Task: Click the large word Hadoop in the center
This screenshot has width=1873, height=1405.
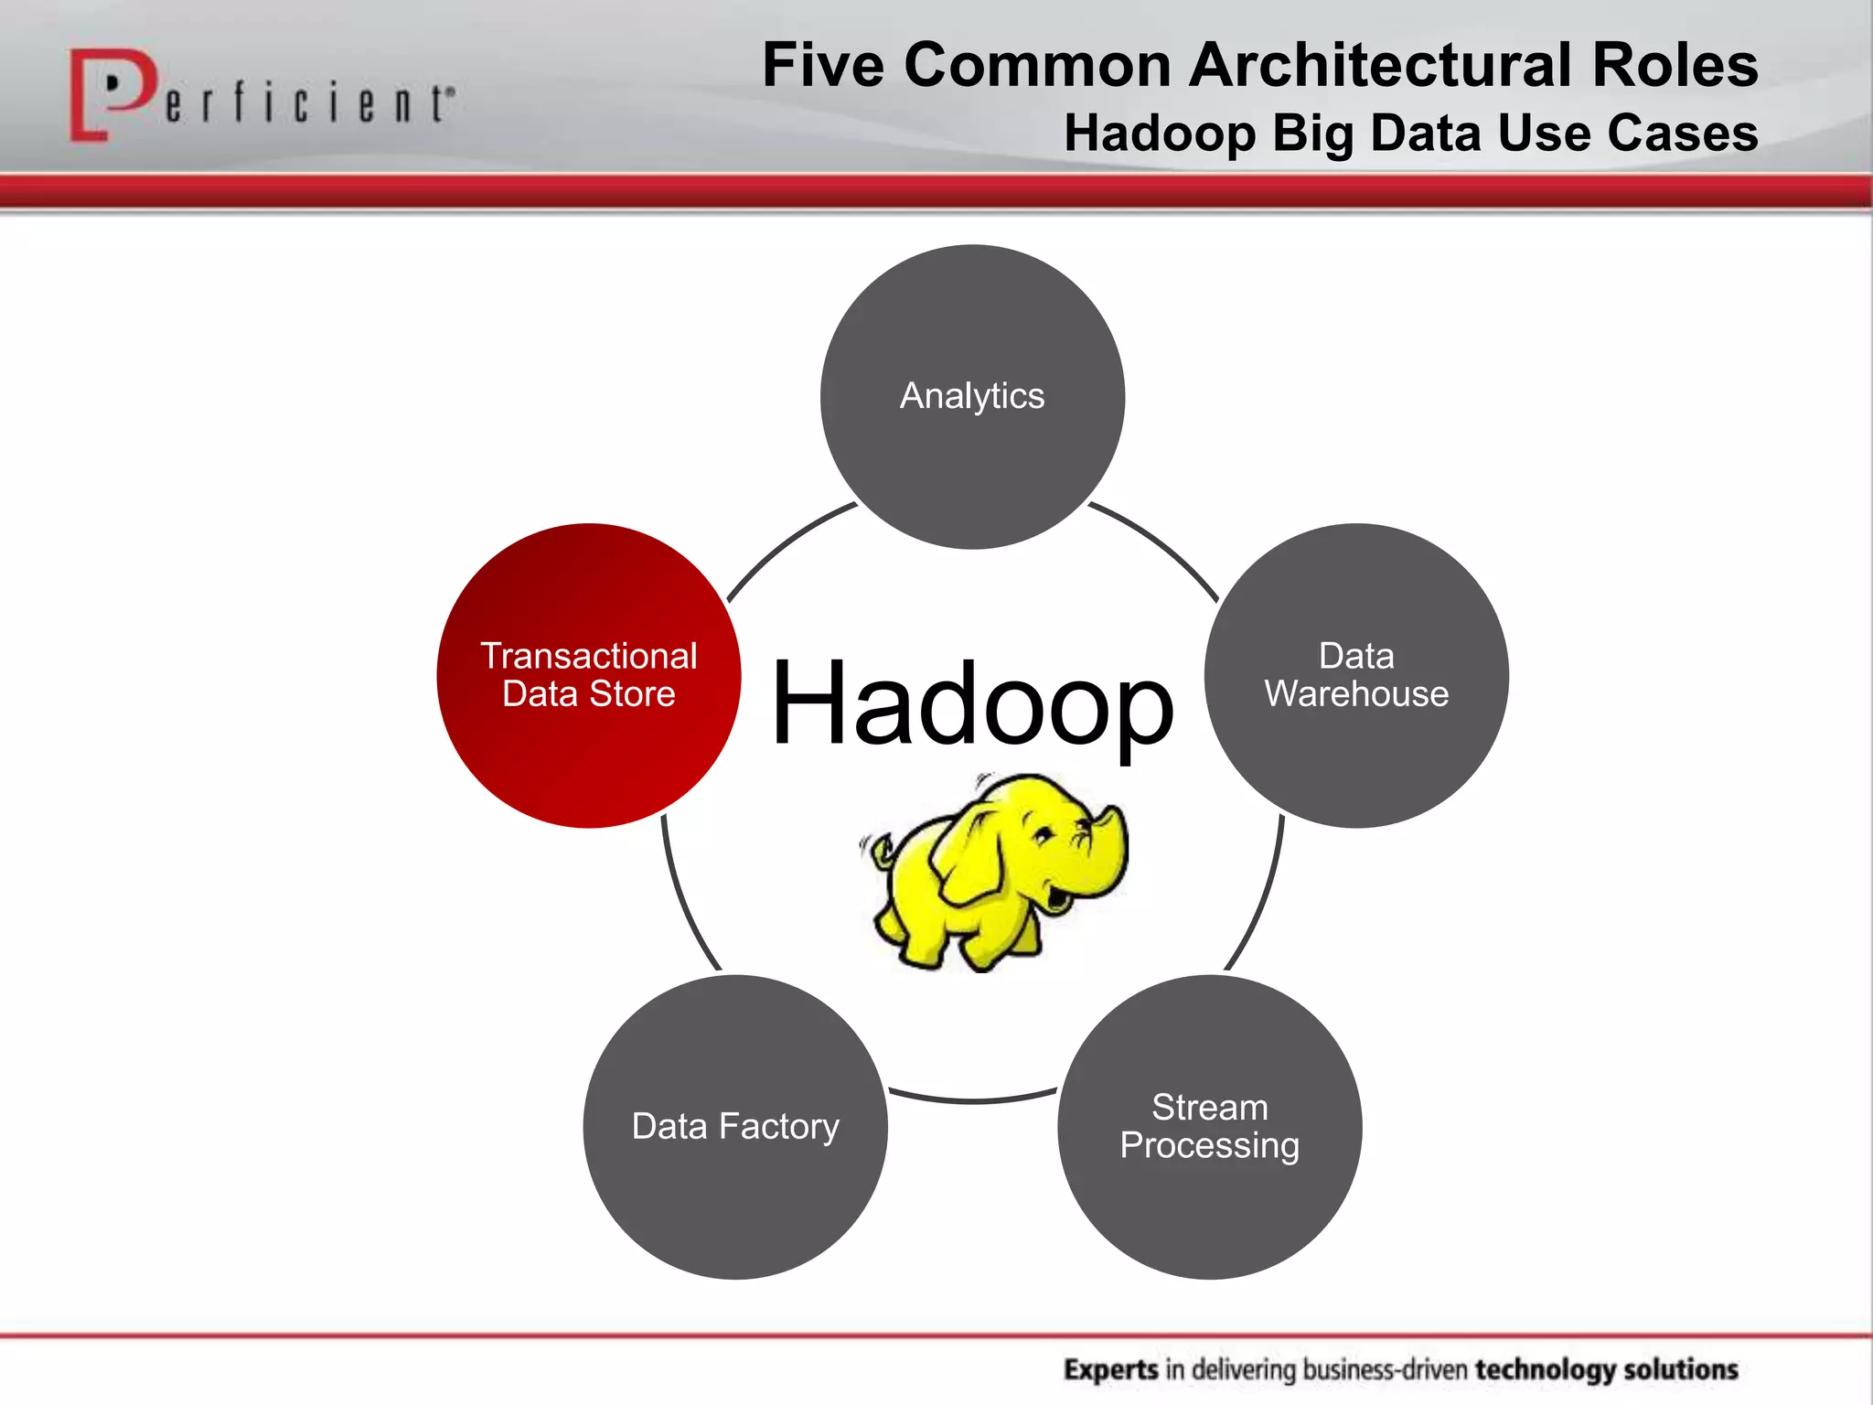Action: [972, 702]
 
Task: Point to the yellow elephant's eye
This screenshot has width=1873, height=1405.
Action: [1043, 834]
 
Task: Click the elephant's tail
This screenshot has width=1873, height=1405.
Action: [880, 851]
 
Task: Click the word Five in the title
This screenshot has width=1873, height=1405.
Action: [823, 66]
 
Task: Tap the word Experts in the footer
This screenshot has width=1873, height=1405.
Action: [1111, 1369]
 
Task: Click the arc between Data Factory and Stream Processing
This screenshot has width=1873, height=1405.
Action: [972, 1099]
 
